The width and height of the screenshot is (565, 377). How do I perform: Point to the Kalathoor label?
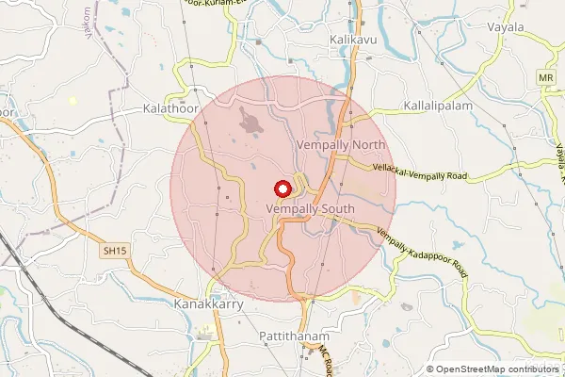click(x=171, y=109)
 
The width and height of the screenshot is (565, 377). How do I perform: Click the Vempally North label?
click(x=341, y=145)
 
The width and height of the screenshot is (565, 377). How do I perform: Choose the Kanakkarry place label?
click(x=210, y=305)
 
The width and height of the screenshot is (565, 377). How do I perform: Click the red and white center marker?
click(x=281, y=188)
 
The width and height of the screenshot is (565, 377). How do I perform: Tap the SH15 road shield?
click(x=114, y=251)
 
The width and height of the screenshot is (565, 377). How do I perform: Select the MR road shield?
click(x=544, y=76)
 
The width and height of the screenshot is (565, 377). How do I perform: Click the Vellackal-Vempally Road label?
click(x=420, y=171)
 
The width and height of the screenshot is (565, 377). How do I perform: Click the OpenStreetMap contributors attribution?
click(x=496, y=369)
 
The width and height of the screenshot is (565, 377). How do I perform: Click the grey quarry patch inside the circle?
click(x=252, y=121)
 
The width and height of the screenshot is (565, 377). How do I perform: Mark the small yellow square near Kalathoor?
click(x=73, y=100)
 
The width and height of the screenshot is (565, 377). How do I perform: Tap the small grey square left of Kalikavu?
click(x=257, y=41)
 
